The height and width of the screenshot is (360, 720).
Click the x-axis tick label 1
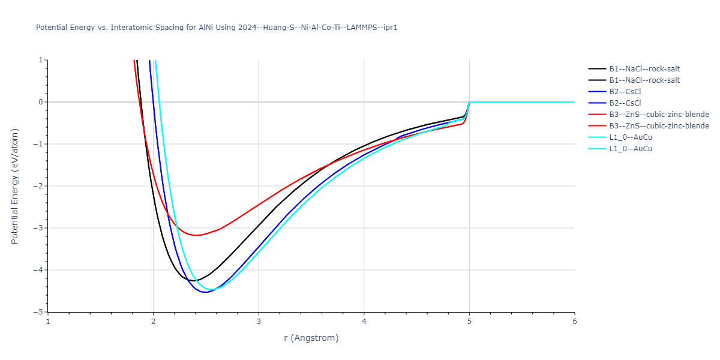[x=48, y=321]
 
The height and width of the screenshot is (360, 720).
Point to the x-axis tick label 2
[x=154, y=321]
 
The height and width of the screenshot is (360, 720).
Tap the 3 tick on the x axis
[x=259, y=321]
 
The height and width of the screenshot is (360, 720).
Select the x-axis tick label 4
[x=364, y=321]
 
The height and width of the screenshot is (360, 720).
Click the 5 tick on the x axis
[x=469, y=321]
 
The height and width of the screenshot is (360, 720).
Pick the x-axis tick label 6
[x=575, y=321]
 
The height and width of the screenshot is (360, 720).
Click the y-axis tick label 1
[x=41, y=60]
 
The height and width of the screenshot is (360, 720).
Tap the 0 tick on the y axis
[x=41, y=102]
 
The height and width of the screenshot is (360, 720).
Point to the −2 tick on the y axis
[x=39, y=186]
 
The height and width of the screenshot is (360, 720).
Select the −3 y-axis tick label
[x=39, y=228]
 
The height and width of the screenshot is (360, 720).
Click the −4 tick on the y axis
[x=39, y=270]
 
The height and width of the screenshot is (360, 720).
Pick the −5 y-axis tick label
[x=39, y=312]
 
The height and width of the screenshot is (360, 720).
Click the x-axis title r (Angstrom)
[x=311, y=338]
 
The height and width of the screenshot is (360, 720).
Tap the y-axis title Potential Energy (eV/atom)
[x=15, y=186]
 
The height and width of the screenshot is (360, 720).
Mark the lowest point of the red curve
[x=196, y=235]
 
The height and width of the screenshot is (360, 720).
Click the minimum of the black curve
[x=193, y=281]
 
